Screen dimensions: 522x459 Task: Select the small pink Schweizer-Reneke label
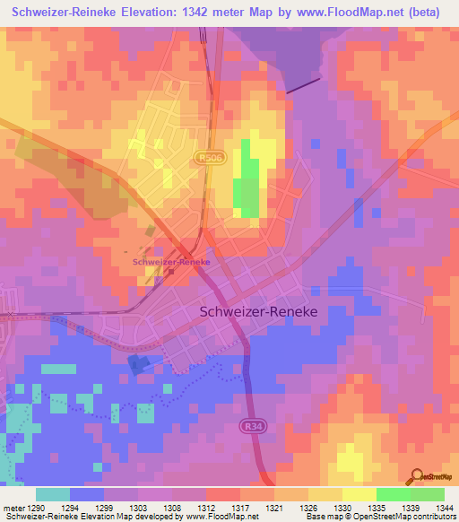(x=171, y=262)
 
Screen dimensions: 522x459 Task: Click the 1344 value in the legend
(x=445, y=509)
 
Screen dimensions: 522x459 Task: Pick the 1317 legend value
(x=241, y=509)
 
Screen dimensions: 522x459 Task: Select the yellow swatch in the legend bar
(x=359, y=494)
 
